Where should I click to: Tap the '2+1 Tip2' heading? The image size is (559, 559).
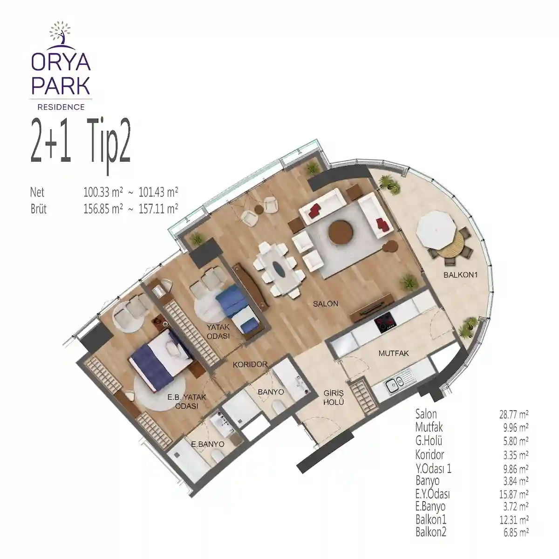click(x=80, y=149)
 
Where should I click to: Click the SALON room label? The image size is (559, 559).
click(x=325, y=304)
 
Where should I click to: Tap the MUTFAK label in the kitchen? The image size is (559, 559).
click(x=393, y=354)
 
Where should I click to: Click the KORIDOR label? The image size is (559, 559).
click(x=250, y=365)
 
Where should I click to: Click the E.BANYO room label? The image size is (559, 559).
click(x=207, y=445)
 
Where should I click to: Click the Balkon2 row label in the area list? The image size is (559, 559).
click(x=430, y=532)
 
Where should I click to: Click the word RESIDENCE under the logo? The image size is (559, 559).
click(x=61, y=107)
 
